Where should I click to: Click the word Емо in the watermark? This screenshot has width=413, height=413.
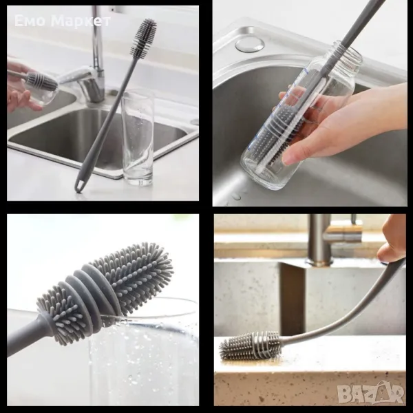point(30,21)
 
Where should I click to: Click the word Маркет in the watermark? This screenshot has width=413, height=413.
point(81,21)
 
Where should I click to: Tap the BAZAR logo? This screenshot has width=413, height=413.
point(371,393)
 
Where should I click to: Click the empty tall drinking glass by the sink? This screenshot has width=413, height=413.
point(138,138)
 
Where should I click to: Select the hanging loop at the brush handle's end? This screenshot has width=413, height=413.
point(79,185)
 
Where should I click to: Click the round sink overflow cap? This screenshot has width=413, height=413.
point(249,44)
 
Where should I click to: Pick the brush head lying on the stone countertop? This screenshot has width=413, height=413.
point(251,346)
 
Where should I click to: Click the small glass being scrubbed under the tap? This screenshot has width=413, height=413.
point(41,88)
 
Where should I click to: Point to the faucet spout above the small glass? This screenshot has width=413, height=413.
point(76,76)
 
